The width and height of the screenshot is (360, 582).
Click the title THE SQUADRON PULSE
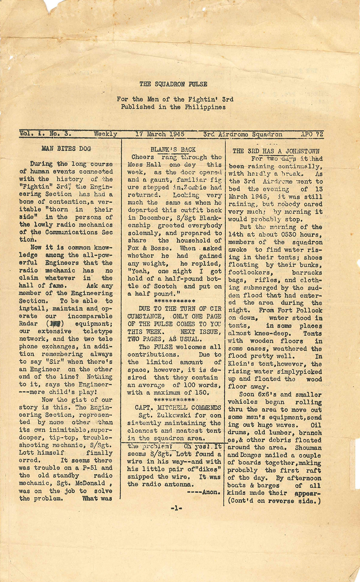pyautogui.click(x=173, y=84)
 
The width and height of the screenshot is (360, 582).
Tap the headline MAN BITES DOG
pyautogui.click(x=66, y=148)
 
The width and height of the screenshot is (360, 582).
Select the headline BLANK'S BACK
pyautogui.click(x=173, y=149)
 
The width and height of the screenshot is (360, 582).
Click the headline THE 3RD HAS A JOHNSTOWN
pyautogui.click(x=276, y=151)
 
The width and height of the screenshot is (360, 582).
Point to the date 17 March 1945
pyautogui.click(x=160, y=134)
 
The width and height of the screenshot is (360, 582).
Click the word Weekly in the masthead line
pyautogui.click(x=105, y=134)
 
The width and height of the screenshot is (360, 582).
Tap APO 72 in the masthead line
pyautogui.click(x=312, y=134)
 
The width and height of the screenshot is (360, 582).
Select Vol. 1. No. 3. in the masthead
pyautogui.click(x=45, y=134)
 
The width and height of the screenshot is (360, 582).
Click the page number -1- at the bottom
pyautogui.click(x=176, y=508)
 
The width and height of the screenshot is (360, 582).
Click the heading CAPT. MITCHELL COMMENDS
pyautogui.click(x=178, y=407)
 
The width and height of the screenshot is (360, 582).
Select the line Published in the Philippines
pyautogui.click(x=173, y=107)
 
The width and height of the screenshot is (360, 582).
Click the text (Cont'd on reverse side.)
pyautogui.click(x=274, y=501)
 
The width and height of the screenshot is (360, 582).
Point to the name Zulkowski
pyautogui.click(x=165, y=415)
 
